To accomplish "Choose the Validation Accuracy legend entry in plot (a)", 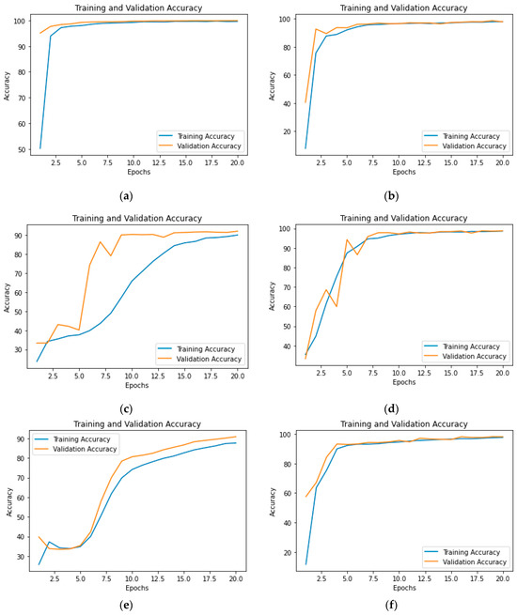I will (x=207, y=146).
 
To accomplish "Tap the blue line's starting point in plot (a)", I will (x=40, y=148).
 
